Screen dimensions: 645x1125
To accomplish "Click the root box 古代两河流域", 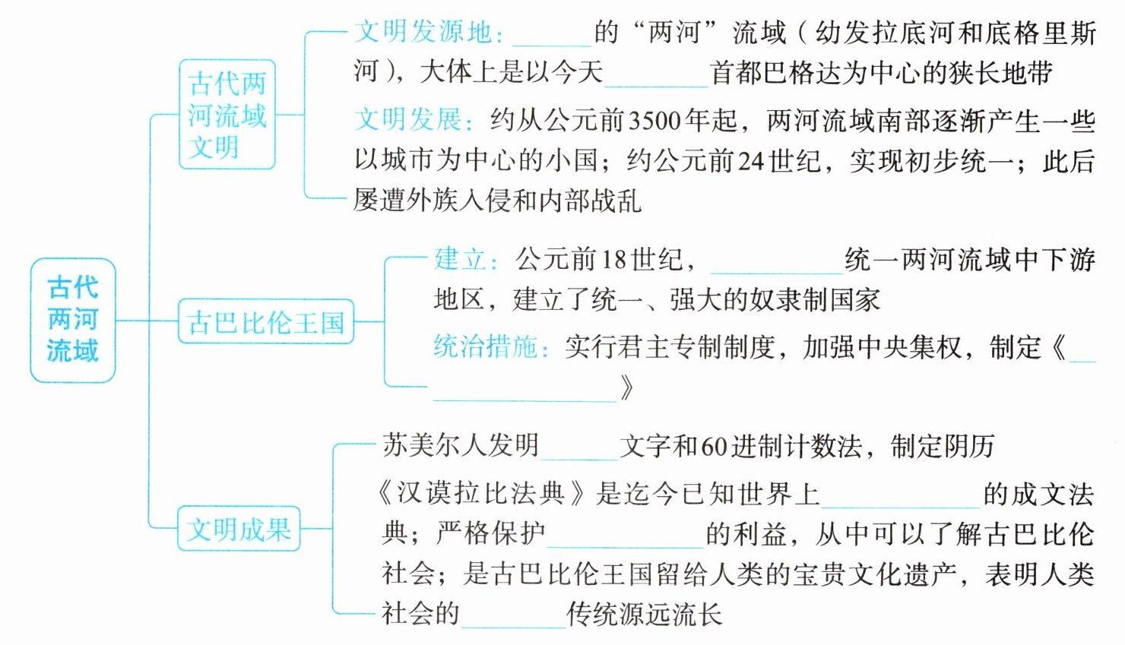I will [72, 320].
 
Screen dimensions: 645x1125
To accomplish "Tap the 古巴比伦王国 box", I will [266, 322].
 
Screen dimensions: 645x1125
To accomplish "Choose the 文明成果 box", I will [239, 529].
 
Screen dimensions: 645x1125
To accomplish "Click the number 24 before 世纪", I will [750, 160].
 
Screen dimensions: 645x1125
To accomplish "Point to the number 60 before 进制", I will [714, 447].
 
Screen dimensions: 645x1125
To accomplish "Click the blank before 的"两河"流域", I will [552, 36].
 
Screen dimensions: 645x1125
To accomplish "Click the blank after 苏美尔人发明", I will [579, 450].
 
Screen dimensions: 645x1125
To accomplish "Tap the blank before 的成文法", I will [901, 498].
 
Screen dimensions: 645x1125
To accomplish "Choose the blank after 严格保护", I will [625, 537].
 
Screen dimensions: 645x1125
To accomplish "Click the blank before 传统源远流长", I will [513, 618].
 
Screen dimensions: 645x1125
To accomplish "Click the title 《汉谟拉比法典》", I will [483, 494].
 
